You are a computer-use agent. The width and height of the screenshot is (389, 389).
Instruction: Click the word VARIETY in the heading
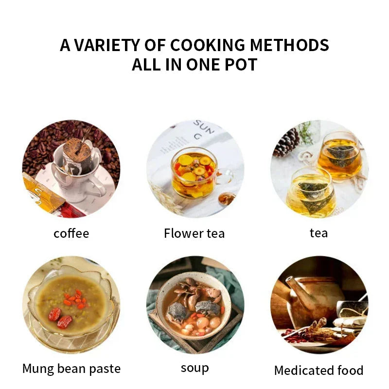click(x=101, y=45)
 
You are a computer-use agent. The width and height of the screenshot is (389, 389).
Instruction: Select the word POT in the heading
click(x=239, y=65)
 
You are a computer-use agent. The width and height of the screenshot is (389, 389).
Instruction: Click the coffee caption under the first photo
click(x=71, y=233)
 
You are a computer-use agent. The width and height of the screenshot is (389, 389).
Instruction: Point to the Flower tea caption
click(x=194, y=233)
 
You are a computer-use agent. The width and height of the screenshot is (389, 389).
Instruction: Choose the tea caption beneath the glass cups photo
click(x=318, y=233)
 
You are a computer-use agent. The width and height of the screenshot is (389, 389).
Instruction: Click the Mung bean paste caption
click(x=71, y=369)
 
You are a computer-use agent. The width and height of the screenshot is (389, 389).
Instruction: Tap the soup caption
click(x=194, y=369)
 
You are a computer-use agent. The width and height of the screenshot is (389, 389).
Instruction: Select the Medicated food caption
click(x=318, y=371)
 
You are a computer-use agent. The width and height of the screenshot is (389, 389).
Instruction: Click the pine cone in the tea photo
click(x=287, y=142)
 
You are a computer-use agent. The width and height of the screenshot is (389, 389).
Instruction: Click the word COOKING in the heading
click(x=201, y=45)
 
